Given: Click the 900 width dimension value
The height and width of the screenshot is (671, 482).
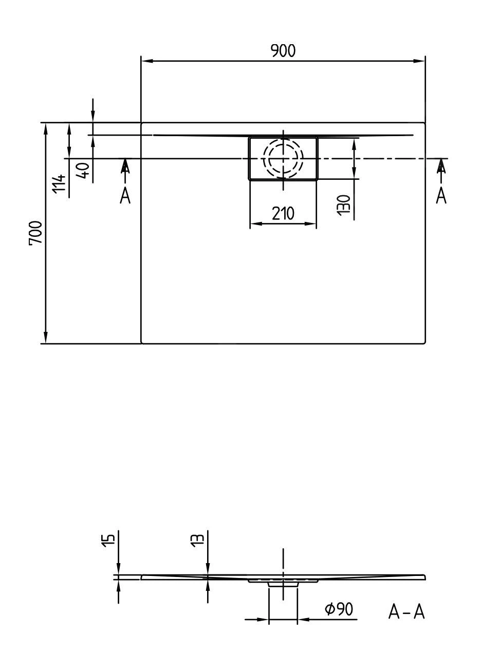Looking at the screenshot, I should [283, 51].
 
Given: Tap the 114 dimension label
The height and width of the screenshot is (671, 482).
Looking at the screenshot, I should [60, 183].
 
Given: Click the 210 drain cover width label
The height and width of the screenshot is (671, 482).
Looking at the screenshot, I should [283, 213].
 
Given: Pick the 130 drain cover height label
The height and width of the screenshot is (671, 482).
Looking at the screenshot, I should [344, 204].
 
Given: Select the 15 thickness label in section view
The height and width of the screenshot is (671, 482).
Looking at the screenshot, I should [108, 540].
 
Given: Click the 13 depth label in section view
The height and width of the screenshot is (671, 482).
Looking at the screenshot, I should [197, 539].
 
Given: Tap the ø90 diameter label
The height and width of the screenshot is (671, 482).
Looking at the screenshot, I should [339, 609].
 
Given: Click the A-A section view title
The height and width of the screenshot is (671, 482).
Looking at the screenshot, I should [406, 611].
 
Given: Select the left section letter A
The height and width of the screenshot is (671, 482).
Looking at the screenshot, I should [125, 195].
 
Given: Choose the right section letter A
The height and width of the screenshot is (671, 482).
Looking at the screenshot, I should [441, 195].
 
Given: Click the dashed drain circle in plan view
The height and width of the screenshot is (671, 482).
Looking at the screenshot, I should [283, 158].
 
